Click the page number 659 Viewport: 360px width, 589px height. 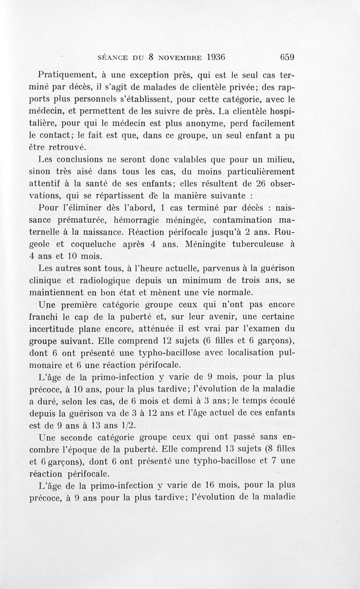tap(286, 58)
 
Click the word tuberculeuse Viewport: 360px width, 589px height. tap(254, 244)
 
